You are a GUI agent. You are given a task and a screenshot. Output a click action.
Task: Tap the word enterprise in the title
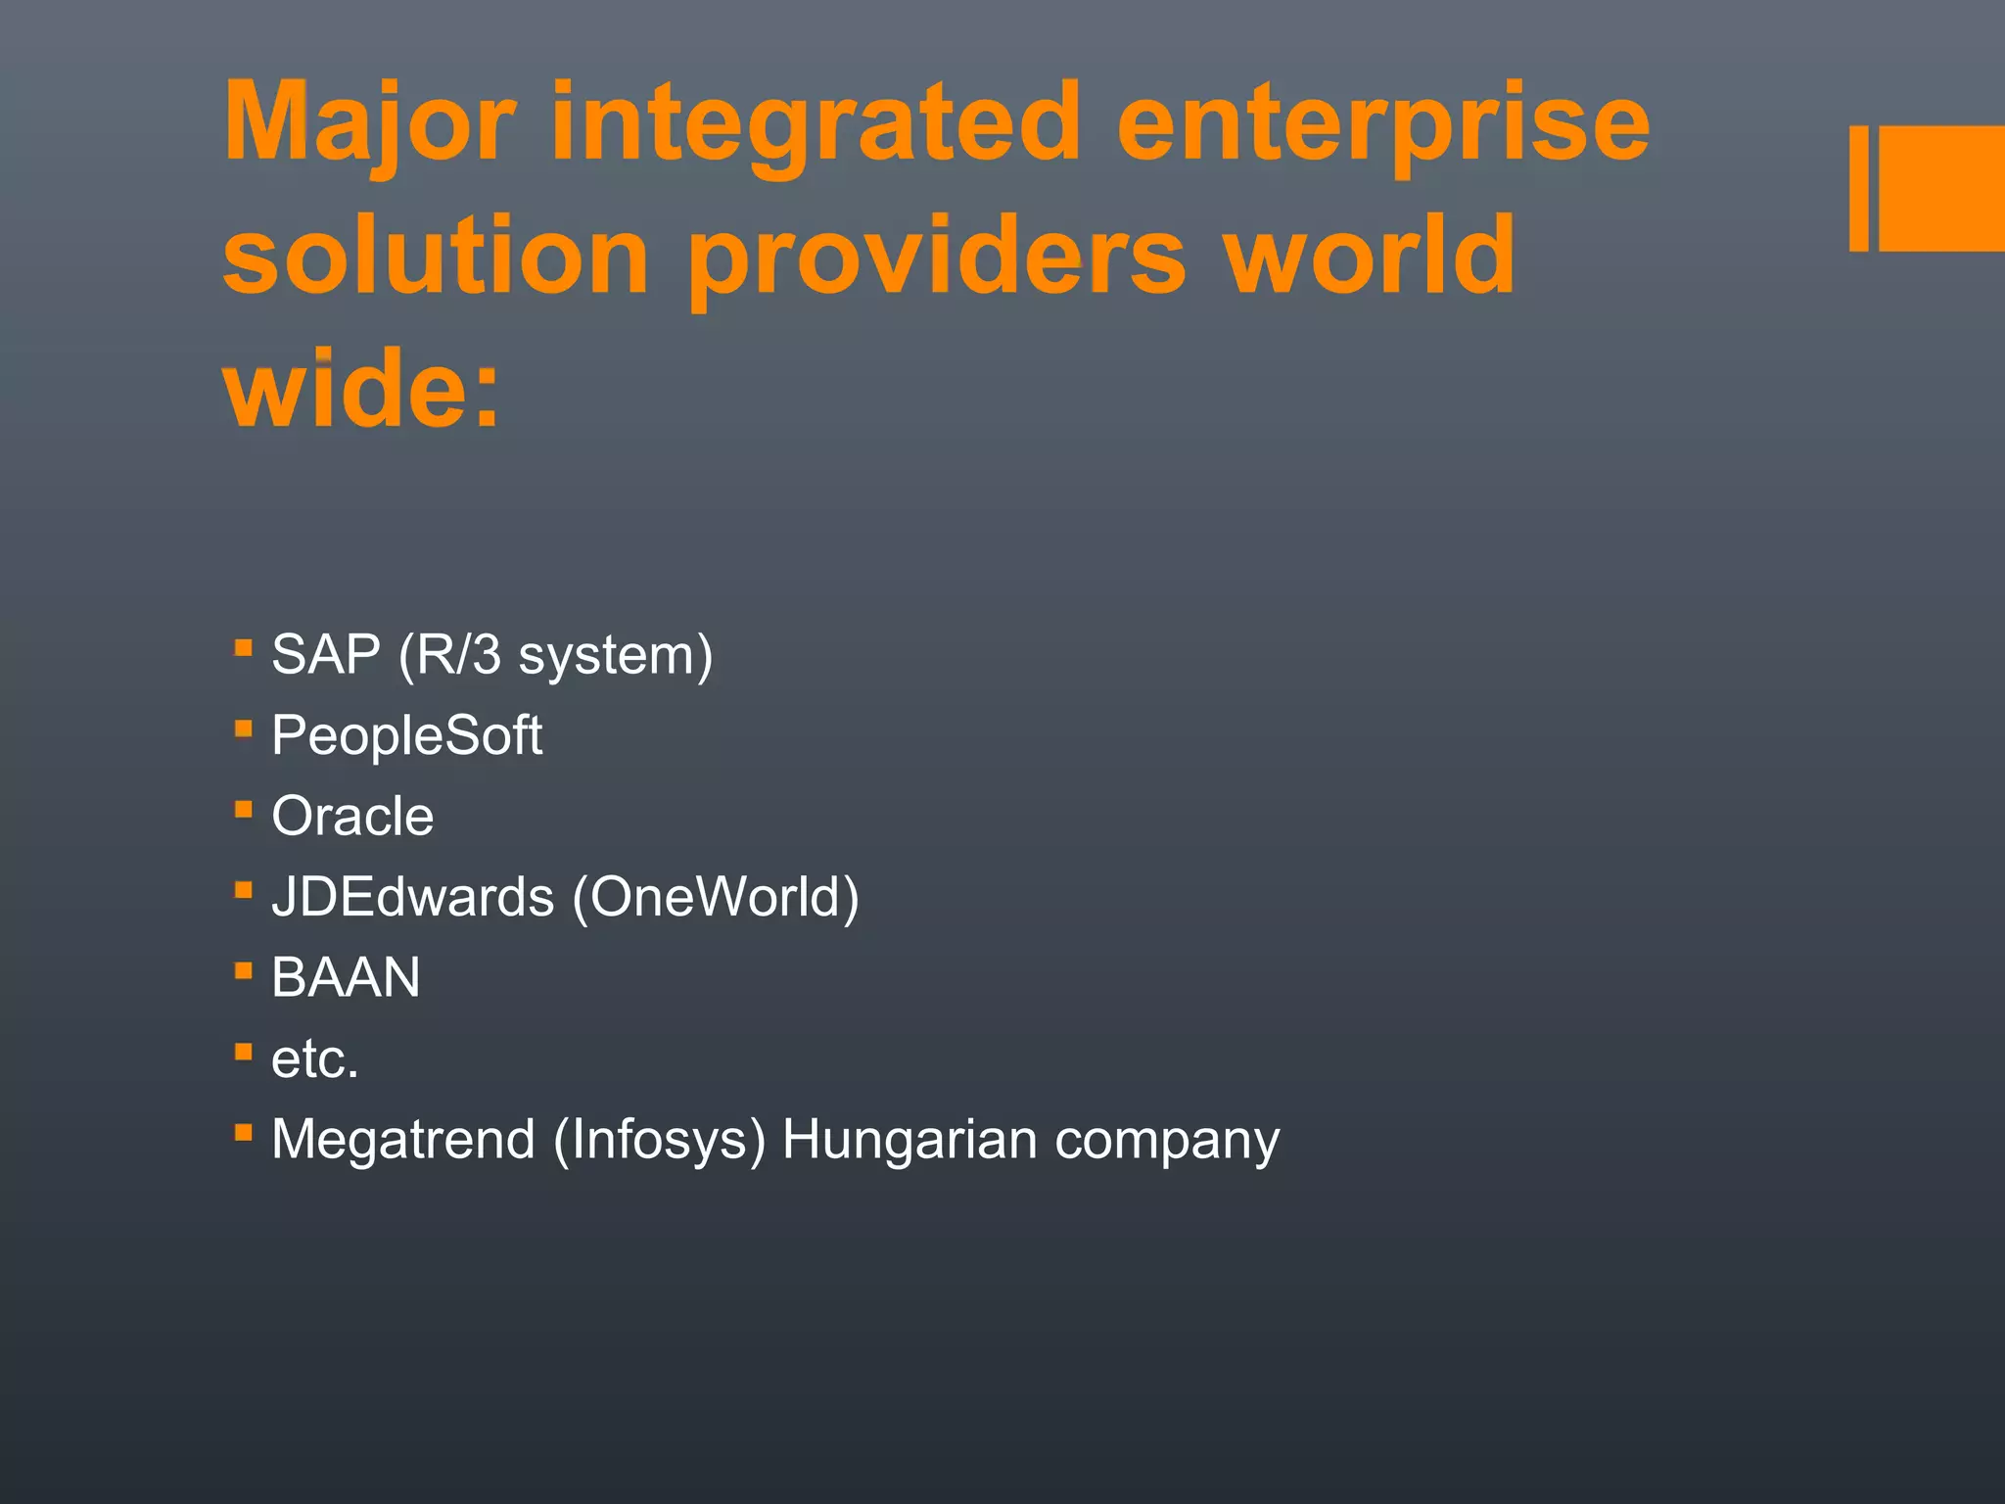pyautogui.click(x=1383, y=124)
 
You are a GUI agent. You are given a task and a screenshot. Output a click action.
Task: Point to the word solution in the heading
pyautogui.click(x=436, y=257)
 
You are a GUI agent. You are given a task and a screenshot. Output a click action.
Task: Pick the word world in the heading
pyautogui.click(x=1371, y=257)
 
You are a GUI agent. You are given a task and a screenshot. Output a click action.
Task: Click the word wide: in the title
pyautogui.click(x=362, y=389)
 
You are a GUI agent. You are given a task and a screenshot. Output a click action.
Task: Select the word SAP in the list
pyautogui.click(x=326, y=654)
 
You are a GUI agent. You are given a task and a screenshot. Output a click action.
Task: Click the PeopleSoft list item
pyautogui.click(x=406, y=735)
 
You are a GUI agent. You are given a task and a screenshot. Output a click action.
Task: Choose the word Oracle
pyautogui.click(x=352, y=816)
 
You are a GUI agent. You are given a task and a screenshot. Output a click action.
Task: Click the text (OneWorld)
pyautogui.click(x=716, y=897)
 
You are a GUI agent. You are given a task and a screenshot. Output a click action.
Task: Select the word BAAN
pyautogui.click(x=346, y=977)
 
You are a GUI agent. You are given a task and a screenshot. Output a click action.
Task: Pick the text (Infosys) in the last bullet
pyautogui.click(x=659, y=1139)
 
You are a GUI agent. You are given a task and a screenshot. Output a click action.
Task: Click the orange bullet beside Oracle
pyautogui.click(x=244, y=809)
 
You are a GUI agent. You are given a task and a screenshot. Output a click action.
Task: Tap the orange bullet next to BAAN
pyautogui.click(x=244, y=970)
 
